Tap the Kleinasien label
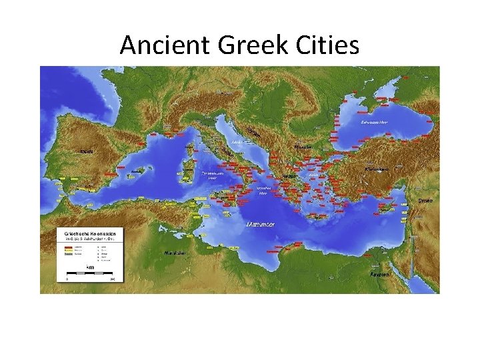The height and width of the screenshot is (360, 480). coord(377,169)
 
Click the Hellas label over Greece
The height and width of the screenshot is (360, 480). coord(289,176)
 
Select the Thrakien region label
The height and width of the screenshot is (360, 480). coord(303,147)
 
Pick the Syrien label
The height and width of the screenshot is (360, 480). coord(425,200)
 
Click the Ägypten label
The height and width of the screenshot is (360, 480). coord(379,274)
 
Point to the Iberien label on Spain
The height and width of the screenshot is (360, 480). coord(87,151)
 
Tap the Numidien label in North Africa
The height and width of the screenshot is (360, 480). coord(175,253)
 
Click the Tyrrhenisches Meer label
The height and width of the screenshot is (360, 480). coord(211,175)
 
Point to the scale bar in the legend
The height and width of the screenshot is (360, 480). coord(90,274)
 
